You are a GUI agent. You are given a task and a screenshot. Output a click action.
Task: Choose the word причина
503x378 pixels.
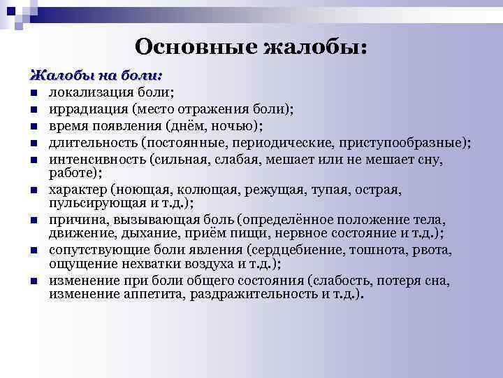point(75,220)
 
